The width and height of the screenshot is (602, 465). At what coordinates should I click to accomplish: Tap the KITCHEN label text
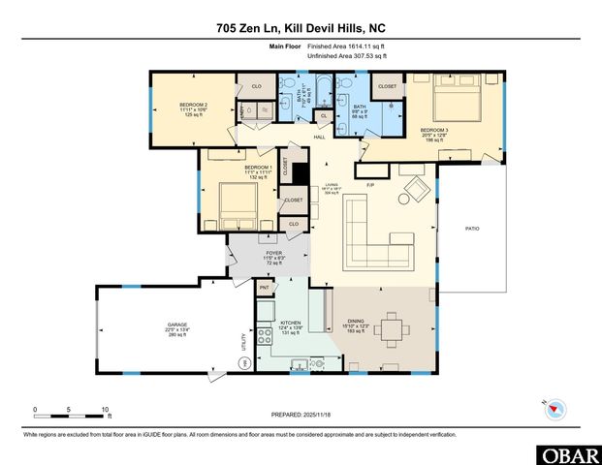(290, 323)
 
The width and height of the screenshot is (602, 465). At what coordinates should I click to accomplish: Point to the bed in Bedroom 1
(238, 202)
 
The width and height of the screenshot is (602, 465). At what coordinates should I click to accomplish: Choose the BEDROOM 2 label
(194, 104)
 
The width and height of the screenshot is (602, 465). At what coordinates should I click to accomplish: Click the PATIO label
(472, 229)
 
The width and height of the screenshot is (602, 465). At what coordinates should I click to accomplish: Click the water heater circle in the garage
(245, 362)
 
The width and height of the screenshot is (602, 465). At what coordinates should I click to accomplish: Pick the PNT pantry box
(264, 288)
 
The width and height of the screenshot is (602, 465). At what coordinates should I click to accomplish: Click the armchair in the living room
(414, 189)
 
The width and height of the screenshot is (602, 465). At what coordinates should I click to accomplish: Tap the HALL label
(318, 138)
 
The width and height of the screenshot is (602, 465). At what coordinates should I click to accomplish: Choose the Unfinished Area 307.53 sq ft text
(348, 56)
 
